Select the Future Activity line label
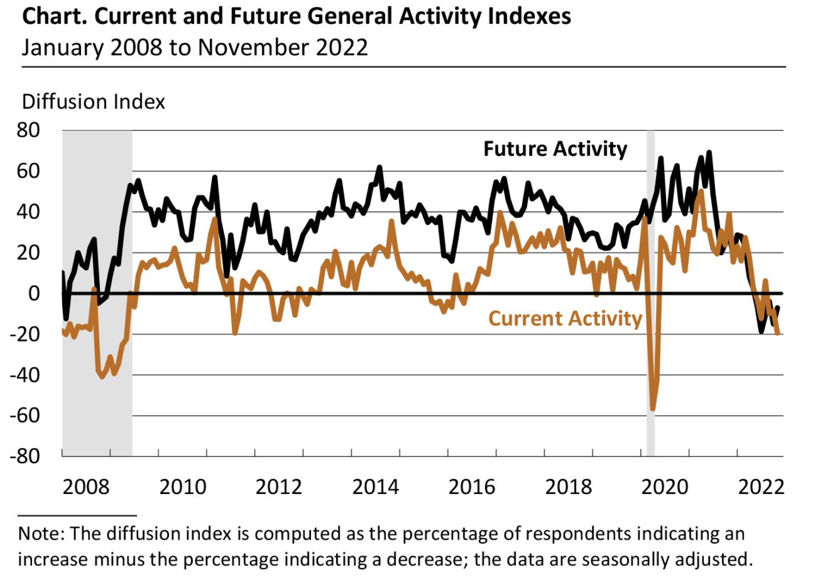pos(555,149)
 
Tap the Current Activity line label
pos(565,319)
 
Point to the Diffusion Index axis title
pos(93,102)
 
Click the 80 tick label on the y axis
pos(28,130)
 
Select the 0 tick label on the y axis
pos(34,293)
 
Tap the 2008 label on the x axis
pos(86,487)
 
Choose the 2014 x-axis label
pos(375,487)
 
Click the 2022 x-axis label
pos(761,487)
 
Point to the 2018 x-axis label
pos(568,487)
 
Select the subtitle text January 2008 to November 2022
pos(195,47)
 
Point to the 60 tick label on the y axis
pos(28,171)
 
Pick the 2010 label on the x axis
pos(182,487)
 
